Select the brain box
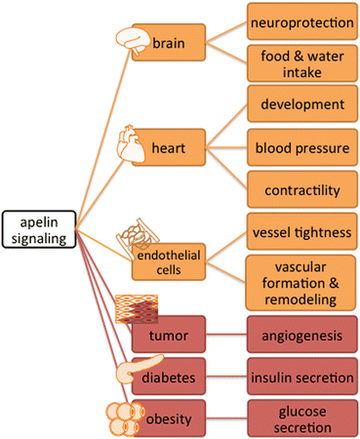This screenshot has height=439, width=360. (169, 43)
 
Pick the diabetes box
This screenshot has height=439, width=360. (169, 375)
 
